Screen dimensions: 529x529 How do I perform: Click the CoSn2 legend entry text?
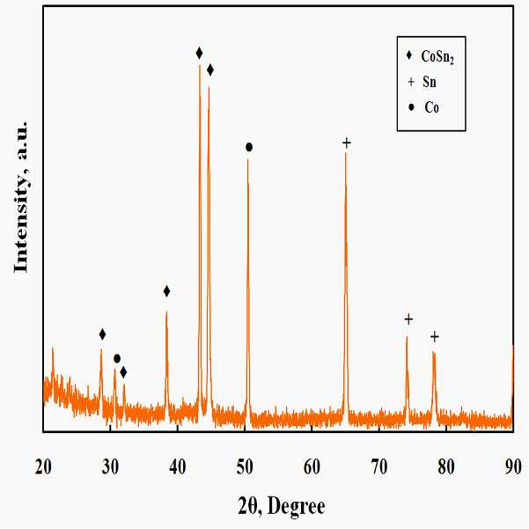(437, 56)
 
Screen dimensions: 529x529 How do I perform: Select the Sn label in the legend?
(430, 82)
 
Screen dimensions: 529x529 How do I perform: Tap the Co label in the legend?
(431, 107)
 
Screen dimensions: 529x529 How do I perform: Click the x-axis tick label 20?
(43, 467)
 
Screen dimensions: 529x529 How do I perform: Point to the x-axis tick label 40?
(178, 467)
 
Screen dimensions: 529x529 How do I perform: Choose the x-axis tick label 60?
(312, 467)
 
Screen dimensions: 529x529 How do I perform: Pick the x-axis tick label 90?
(513, 467)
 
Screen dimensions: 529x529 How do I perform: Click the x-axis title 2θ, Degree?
(282, 506)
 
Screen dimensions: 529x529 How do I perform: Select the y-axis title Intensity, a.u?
(20, 197)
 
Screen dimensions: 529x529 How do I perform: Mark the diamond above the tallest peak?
(199, 53)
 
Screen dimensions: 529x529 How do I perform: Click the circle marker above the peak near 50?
(249, 147)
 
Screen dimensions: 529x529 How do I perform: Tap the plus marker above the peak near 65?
(347, 143)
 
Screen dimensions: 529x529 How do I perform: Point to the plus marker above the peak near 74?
(408, 320)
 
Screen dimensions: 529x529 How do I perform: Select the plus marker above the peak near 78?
(435, 337)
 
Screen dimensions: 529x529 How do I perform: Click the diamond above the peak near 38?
(166, 291)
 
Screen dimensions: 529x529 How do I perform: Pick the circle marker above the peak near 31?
(117, 358)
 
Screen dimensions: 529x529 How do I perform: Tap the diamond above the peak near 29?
(103, 334)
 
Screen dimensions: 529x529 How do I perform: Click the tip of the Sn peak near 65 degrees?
(345, 153)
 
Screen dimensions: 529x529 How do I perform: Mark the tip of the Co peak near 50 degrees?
(247, 159)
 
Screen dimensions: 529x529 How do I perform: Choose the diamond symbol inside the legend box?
(409, 55)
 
